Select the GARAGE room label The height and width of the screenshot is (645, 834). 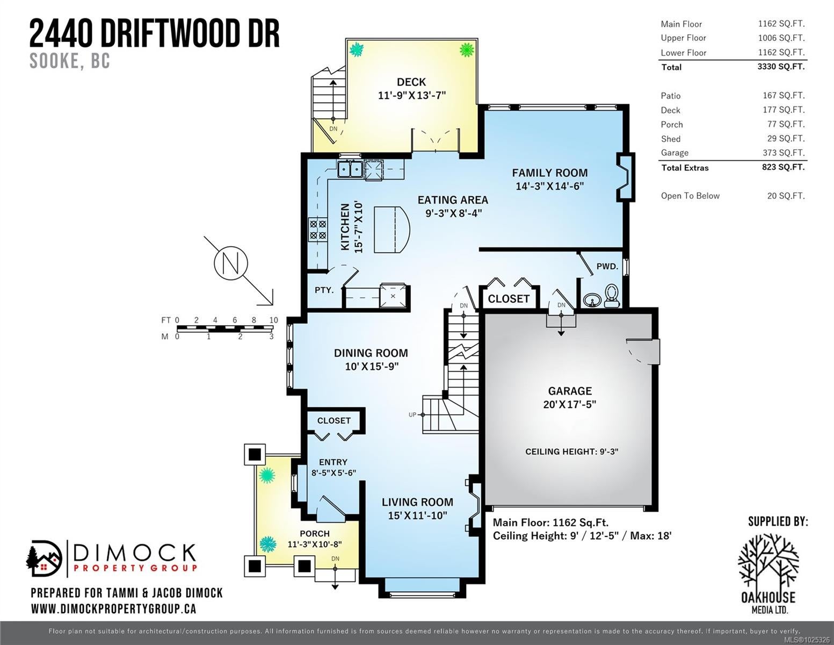point(570,391)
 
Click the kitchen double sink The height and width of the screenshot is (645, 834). point(350,169)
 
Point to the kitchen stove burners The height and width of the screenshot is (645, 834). point(318,230)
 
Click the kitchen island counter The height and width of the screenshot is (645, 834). point(392,230)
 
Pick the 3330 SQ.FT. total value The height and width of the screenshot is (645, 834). point(781,67)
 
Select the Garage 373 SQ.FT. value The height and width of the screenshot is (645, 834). point(784,153)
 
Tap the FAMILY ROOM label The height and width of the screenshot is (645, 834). point(549,173)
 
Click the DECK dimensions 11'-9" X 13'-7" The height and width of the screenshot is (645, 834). point(412,95)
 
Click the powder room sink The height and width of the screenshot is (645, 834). point(592,300)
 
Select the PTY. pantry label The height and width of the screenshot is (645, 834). point(324,290)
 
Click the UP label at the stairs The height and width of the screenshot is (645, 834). point(412,415)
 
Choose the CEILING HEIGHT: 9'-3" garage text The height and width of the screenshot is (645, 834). point(571,452)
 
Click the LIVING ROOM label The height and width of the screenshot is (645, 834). point(417,502)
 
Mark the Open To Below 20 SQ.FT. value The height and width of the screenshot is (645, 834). point(786,196)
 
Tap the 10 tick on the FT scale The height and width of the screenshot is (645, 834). point(273,320)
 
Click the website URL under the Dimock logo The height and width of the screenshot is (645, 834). point(113,609)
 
